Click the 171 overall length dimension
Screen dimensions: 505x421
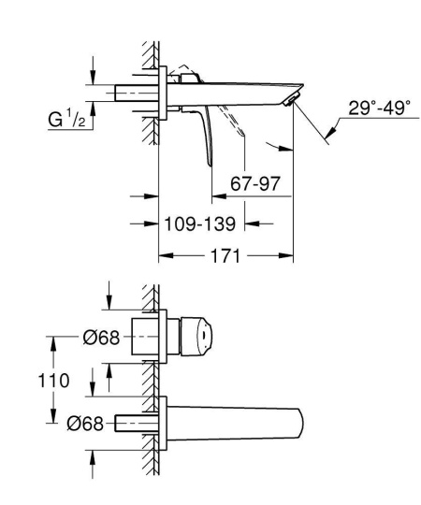tap(222, 253)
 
